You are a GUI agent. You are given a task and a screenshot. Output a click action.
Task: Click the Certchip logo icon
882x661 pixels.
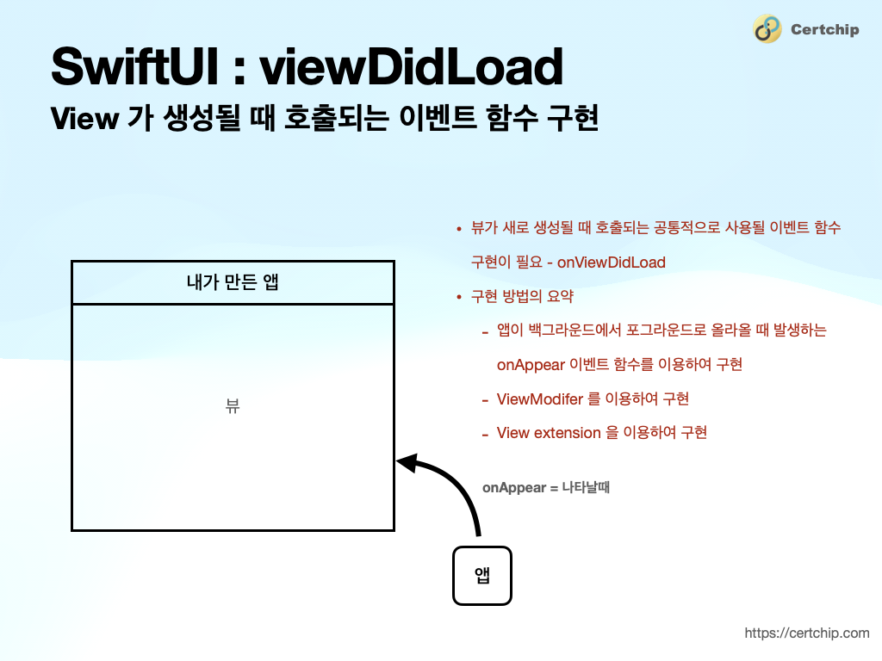[767, 29]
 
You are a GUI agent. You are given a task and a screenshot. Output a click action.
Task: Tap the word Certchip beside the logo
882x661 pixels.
[824, 30]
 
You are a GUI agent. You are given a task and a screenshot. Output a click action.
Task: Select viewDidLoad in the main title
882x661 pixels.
[411, 66]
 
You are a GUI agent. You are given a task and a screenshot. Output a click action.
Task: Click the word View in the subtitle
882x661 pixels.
[84, 119]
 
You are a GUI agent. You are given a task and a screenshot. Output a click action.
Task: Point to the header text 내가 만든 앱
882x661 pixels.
[233, 281]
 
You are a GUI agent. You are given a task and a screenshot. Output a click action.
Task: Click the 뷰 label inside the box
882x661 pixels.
[233, 406]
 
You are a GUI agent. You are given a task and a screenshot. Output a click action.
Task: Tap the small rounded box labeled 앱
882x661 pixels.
[482, 576]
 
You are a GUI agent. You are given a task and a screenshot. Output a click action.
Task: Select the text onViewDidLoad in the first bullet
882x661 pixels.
[612, 263]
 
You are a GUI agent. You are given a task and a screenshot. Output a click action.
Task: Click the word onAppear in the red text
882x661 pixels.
[530, 364]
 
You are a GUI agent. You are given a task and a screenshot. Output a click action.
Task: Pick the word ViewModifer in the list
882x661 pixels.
[539, 398]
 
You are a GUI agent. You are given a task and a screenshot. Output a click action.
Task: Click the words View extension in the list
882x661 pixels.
[549, 432]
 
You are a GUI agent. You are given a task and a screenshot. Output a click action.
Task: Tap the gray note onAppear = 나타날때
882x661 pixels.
[546, 487]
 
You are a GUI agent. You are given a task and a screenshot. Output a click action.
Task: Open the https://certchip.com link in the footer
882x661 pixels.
[807, 633]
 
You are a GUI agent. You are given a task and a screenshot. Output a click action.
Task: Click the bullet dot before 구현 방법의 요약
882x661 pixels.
[459, 297]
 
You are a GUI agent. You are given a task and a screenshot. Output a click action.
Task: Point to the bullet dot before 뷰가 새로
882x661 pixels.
[459, 229]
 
